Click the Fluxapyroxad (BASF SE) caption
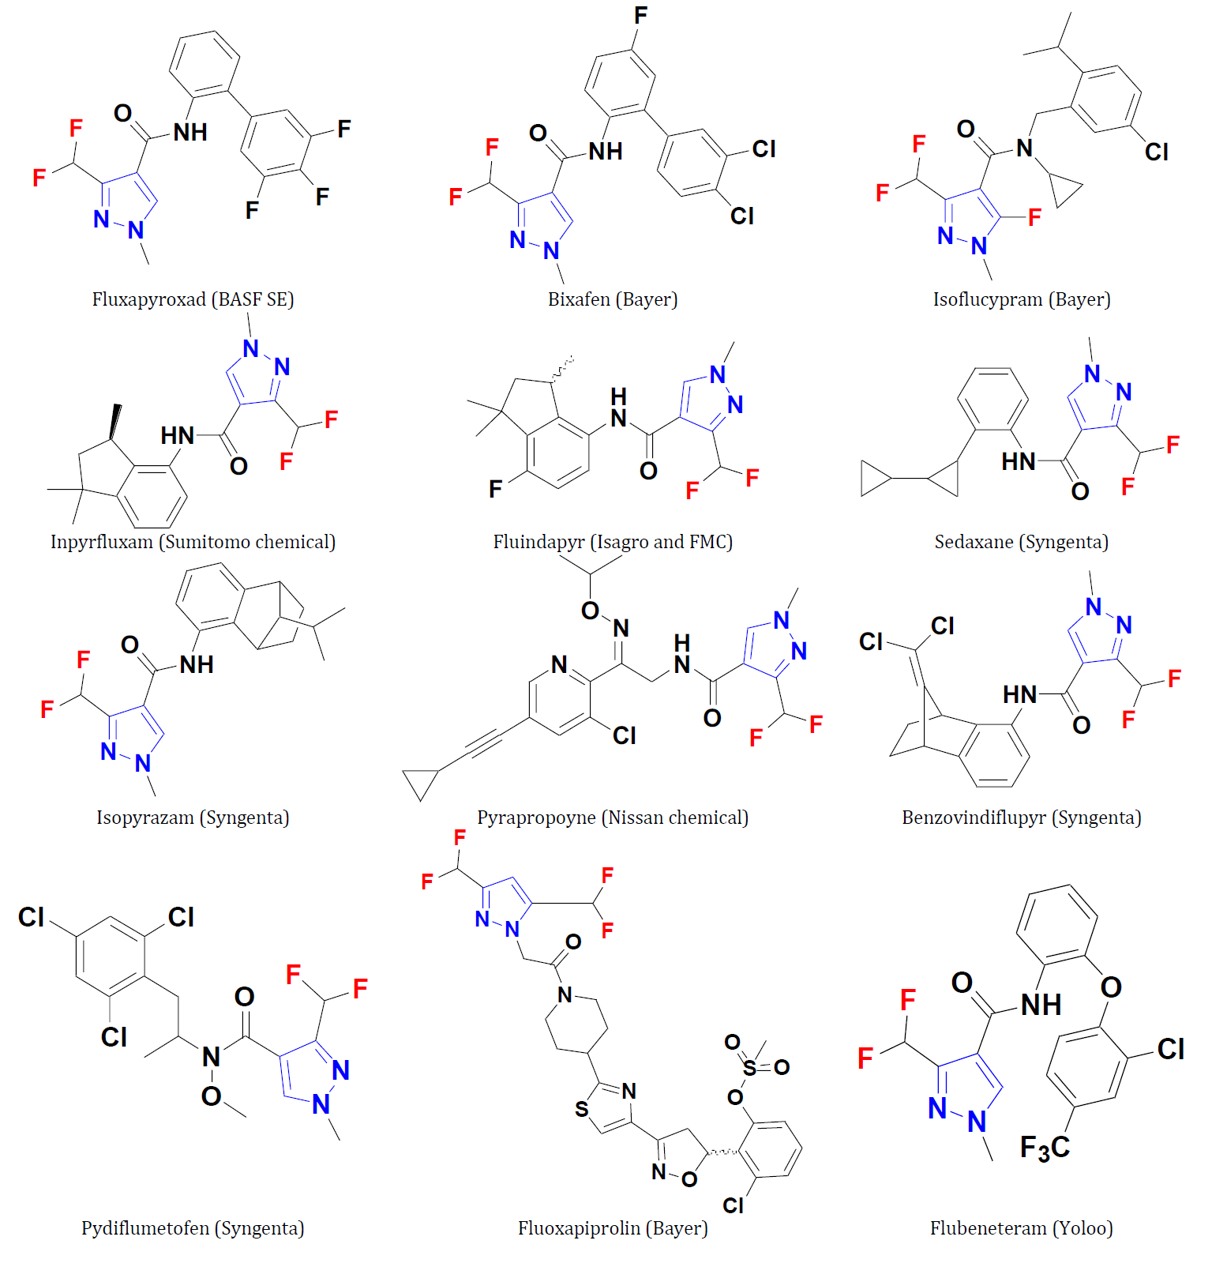click(193, 299)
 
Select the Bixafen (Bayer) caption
click(613, 299)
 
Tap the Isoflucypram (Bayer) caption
click(1022, 299)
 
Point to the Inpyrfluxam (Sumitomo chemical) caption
click(193, 542)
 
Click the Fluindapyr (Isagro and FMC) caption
click(613, 542)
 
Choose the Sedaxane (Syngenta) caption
click(1022, 542)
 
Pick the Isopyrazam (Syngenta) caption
click(193, 818)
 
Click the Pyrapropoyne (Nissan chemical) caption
click(613, 818)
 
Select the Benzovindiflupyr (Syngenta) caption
click(1022, 818)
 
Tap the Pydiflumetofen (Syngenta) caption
click(193, 1228)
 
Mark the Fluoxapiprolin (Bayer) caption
click(613, 1228)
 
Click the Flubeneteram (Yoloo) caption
click(1022, 1228)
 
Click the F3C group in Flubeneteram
click(1045, 1148)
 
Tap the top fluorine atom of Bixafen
click(640, 15)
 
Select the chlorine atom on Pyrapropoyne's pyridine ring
click(624, 735)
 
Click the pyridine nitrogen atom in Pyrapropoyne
click(559, 664)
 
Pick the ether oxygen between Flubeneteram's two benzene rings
click(1111, 987)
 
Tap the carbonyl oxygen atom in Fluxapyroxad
click(122, 113)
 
